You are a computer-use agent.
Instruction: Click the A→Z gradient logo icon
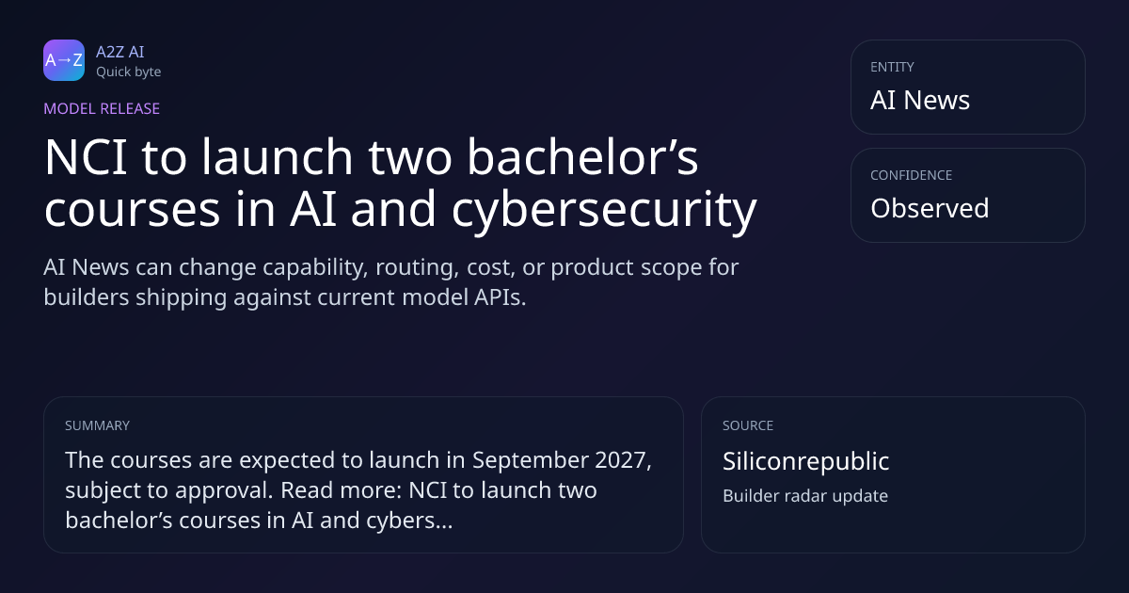tap(64, 60)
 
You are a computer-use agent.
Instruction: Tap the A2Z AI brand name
tap(120, 52)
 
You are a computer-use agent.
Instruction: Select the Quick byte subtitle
tap(129, 72)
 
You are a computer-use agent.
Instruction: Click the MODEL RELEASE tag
tap(102, 108)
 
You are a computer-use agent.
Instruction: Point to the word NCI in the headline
tap(86, 157)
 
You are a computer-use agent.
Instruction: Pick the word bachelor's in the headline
tap(582, 157)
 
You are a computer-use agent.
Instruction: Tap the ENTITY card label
tap(892, 67)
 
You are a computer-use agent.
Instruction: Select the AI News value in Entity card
tap(920, 100)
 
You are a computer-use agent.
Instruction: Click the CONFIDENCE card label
tap(912, 175)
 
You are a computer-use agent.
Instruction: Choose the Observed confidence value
tap(930, 208)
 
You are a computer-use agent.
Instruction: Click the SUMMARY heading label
tap(97, 425)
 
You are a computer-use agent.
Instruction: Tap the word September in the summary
tap(530, 461)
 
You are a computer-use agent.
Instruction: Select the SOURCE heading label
tap(748, 425)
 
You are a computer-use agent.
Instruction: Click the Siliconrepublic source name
tap(806, 461)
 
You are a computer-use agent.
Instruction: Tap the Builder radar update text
tap(805, 496)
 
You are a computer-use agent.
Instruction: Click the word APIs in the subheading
tap(500, 297)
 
